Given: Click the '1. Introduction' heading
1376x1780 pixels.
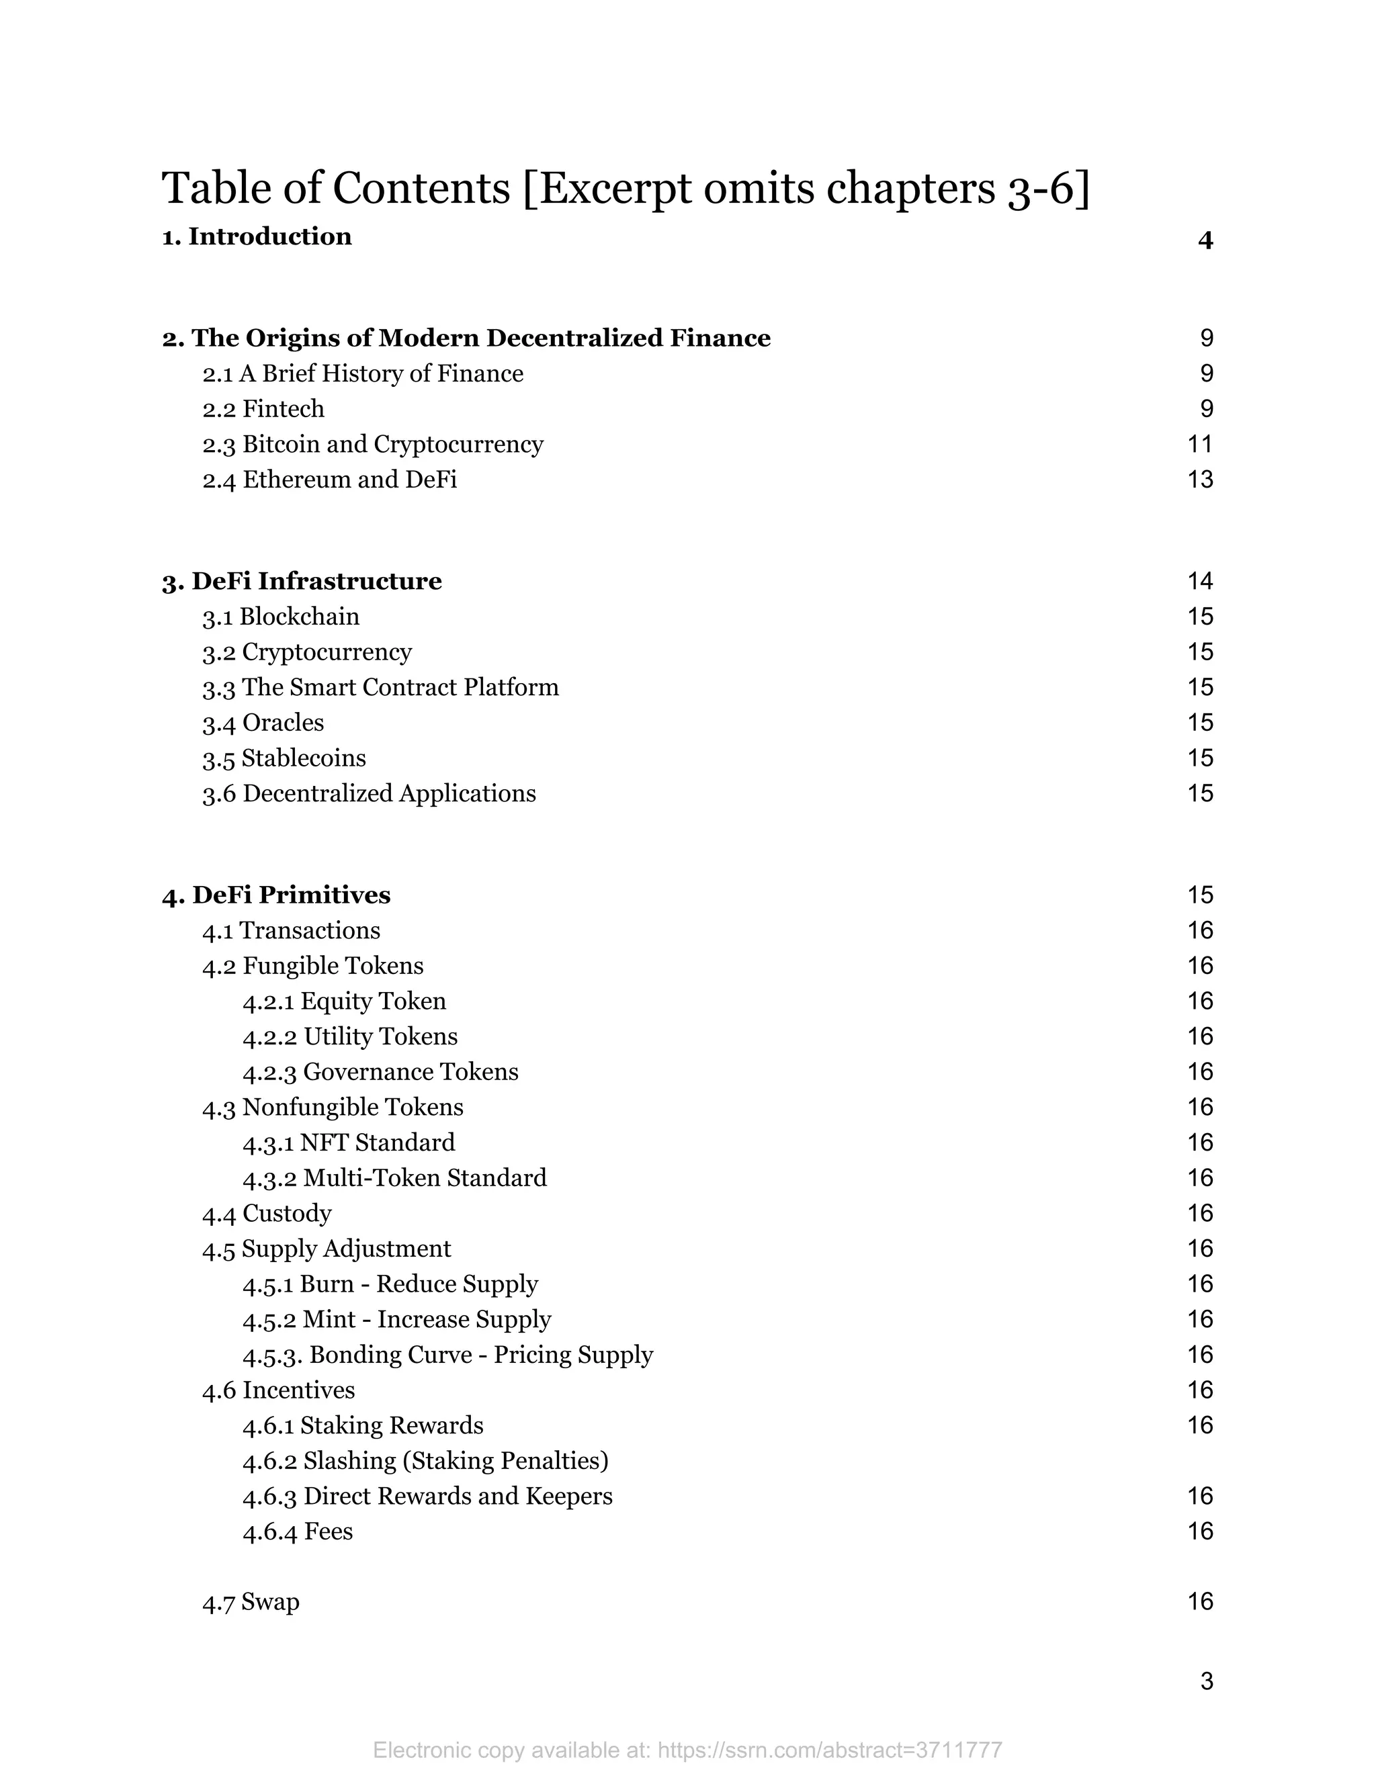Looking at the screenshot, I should point(257,236).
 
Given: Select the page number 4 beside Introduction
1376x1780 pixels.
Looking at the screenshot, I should point(1205,240).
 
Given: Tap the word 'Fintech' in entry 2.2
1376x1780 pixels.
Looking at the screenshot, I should point(283,408).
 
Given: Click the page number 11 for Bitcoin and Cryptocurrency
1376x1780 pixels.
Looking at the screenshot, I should point(1200,444).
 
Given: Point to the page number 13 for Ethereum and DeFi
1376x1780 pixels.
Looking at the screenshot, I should point(1200,479).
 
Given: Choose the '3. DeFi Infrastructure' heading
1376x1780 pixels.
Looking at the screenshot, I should point(302,581).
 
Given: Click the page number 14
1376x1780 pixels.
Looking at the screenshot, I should point(1200,581).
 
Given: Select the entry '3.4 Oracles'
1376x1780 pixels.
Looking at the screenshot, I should point(263,723).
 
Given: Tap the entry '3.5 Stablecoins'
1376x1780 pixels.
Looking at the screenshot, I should point(284,758).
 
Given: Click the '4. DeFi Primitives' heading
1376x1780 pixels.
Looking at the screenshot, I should point(276,895).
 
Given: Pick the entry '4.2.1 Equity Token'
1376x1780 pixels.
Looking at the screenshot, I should point(344,1001).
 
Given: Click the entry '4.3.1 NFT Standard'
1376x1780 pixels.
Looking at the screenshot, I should point(349,1143).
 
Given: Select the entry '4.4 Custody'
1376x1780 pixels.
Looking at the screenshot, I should point(267,1214).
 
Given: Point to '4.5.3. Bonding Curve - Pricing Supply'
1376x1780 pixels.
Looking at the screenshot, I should point(447,1355).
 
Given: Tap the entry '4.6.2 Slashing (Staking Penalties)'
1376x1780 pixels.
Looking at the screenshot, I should point(425,1460).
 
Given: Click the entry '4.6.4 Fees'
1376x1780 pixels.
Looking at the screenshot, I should point(298,1531).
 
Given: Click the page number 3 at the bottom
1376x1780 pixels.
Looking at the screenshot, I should point(1207,1681).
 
